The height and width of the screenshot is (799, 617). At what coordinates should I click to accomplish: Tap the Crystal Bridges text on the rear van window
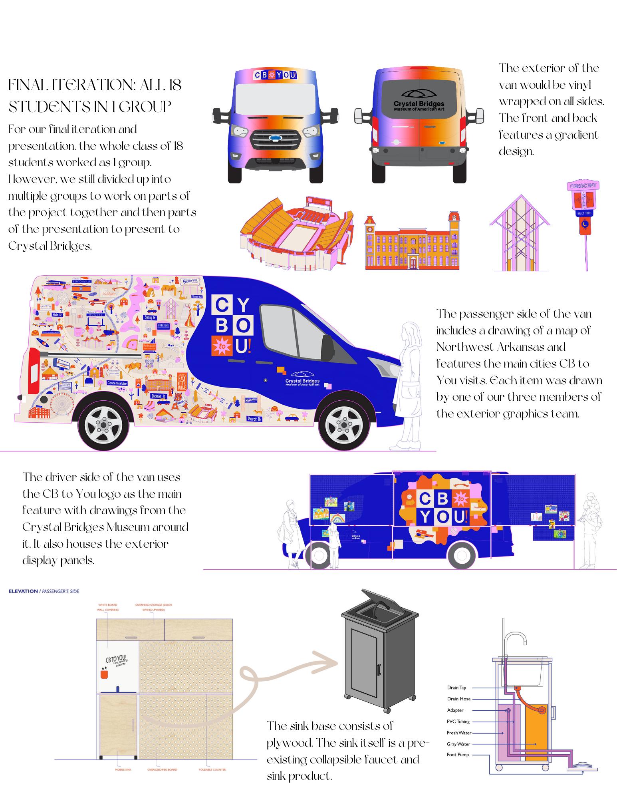419,104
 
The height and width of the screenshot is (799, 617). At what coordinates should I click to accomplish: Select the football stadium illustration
296,232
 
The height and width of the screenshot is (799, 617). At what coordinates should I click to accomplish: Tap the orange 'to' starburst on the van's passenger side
221,346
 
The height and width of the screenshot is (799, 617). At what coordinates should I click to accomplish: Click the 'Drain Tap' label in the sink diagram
456,688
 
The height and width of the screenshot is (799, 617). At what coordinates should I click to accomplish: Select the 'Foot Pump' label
458,755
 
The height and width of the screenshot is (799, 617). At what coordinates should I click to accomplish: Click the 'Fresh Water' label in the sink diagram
459,733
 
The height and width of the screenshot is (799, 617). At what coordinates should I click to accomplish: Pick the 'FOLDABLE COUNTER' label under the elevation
212,769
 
